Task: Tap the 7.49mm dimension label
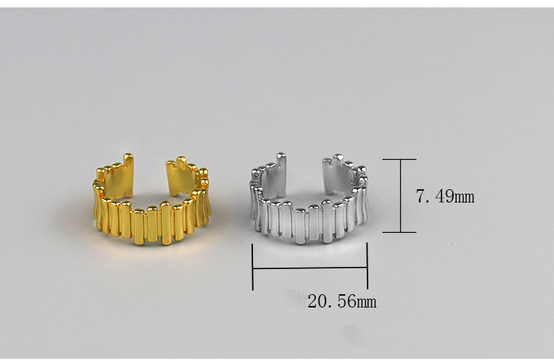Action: [x=445, y=196]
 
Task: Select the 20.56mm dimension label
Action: [x=342, y=302]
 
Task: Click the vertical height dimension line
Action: [x=400, y=196]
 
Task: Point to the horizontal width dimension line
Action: [x=310, y=268]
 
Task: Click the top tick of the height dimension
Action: [x=399, y=159]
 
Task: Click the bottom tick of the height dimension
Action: [x=399, y=232]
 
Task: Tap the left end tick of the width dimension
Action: [x=252, y=267]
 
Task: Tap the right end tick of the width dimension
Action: [x=368, y=266]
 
